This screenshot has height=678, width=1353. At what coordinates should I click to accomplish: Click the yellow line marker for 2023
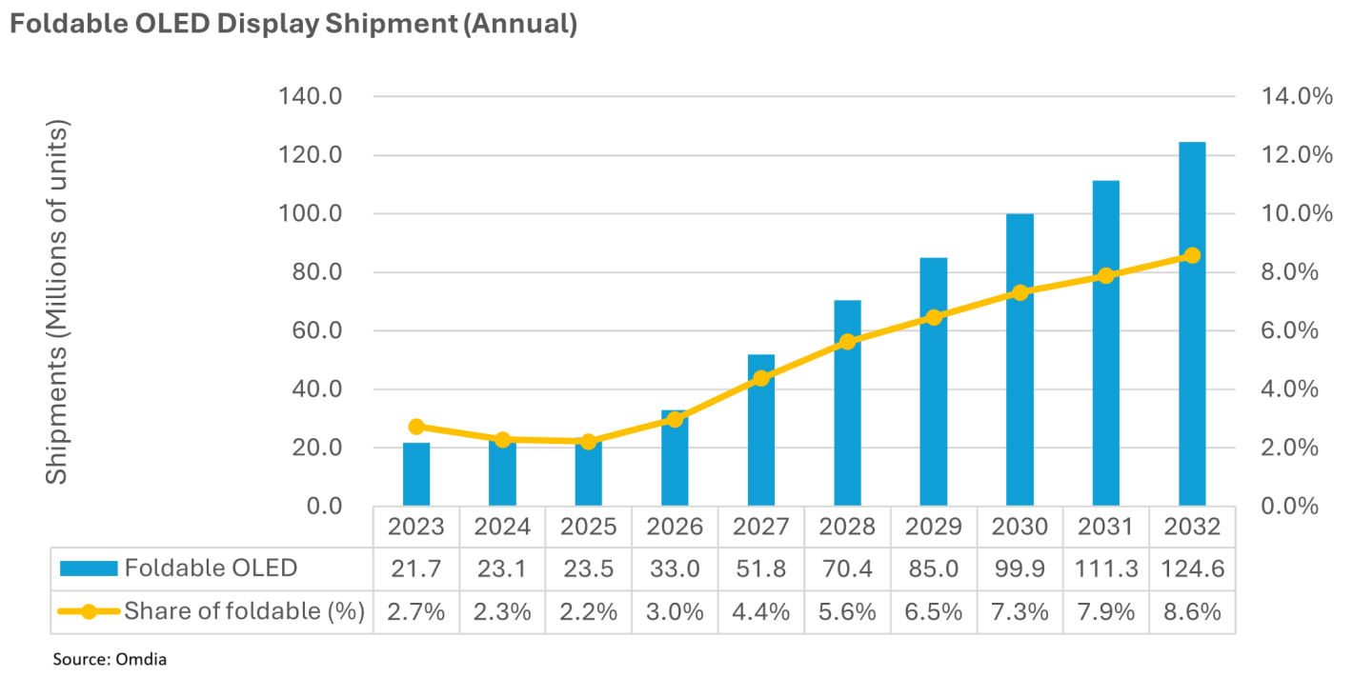[x=416, y=427]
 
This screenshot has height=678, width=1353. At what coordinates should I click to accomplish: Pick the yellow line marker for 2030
[x=1020, y=292]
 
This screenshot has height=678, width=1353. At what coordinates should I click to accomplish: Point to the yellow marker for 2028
[x=847, y=342]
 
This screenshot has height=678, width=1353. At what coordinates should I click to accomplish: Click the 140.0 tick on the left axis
[x=311, y=96]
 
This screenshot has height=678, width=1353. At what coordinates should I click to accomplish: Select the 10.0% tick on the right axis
[x=1297, y=213]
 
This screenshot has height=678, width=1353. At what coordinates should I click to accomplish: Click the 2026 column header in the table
[x=675, y=527]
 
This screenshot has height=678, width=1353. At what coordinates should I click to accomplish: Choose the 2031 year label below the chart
[x=1105, y=527]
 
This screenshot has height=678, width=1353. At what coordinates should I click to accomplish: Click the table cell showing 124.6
[x=1192, y=568]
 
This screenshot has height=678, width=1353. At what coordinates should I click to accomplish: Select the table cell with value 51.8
[x=761, y=568]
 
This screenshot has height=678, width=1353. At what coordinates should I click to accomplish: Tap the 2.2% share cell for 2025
[x=589, y=611]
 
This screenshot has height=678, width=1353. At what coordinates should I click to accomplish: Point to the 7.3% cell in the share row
[x=1020, y=611]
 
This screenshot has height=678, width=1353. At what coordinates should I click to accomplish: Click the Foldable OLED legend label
[x=211, y=568]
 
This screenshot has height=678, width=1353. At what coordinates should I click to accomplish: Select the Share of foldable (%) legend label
[x=245, y=611]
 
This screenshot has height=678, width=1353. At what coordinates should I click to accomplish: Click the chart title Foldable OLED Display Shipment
[x=293, y=24]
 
